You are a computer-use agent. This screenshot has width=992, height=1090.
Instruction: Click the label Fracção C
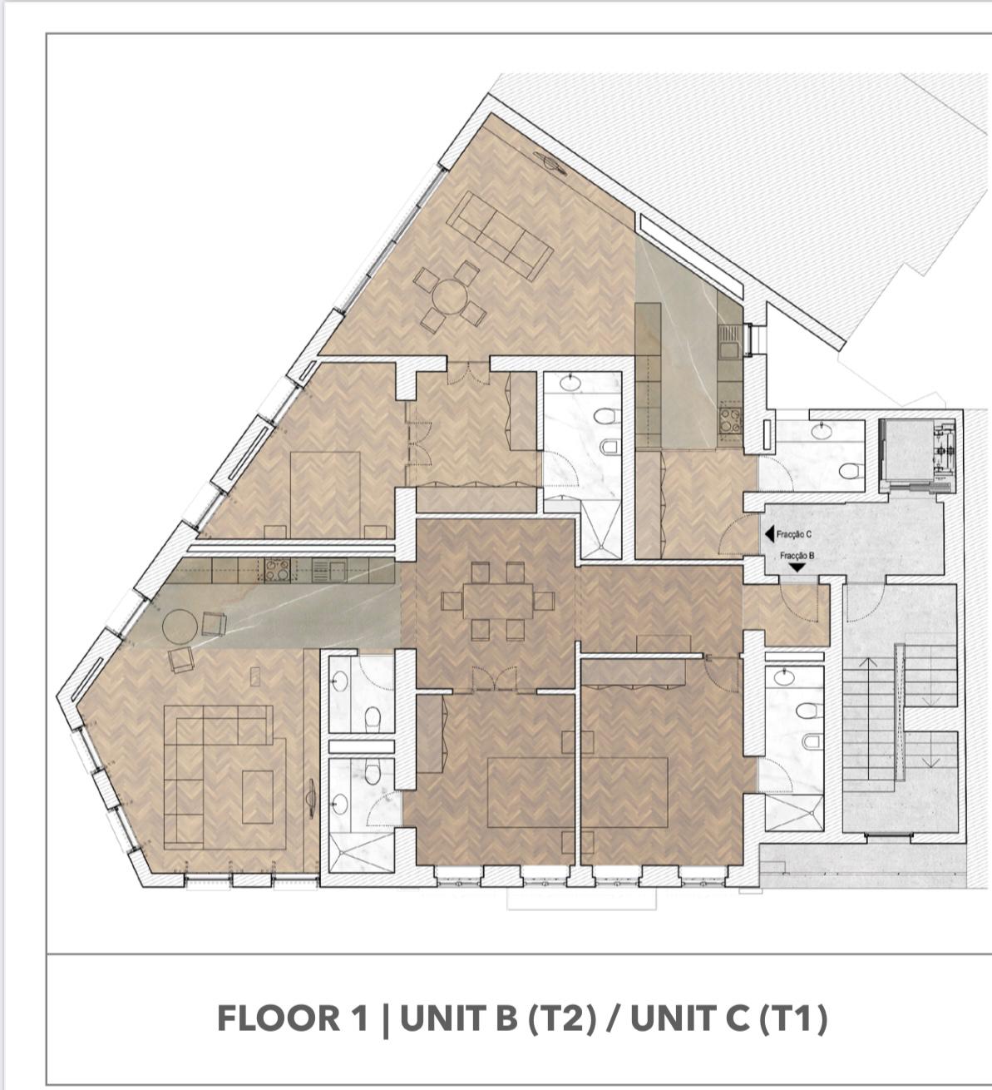click(x=794, y=535)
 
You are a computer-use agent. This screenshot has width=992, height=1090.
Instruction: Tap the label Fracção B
click(x=797, y=556)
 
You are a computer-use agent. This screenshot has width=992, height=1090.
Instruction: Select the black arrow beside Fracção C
click(x=769, y=535)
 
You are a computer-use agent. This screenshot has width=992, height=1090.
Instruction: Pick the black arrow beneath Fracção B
click(x=797, y=567)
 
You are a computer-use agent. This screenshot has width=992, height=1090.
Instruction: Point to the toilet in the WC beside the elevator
click(x=847, y=471)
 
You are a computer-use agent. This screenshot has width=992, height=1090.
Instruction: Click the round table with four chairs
click(x=449, y=297)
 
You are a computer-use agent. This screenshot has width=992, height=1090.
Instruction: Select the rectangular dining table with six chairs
click(x=497, y=601)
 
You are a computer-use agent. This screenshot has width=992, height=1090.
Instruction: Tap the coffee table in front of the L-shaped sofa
click(x=258, y=797)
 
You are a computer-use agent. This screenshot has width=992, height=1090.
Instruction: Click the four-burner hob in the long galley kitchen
click(x=277, y=570)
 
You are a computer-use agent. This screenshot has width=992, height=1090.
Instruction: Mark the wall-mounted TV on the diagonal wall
click(x=550, y=162)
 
